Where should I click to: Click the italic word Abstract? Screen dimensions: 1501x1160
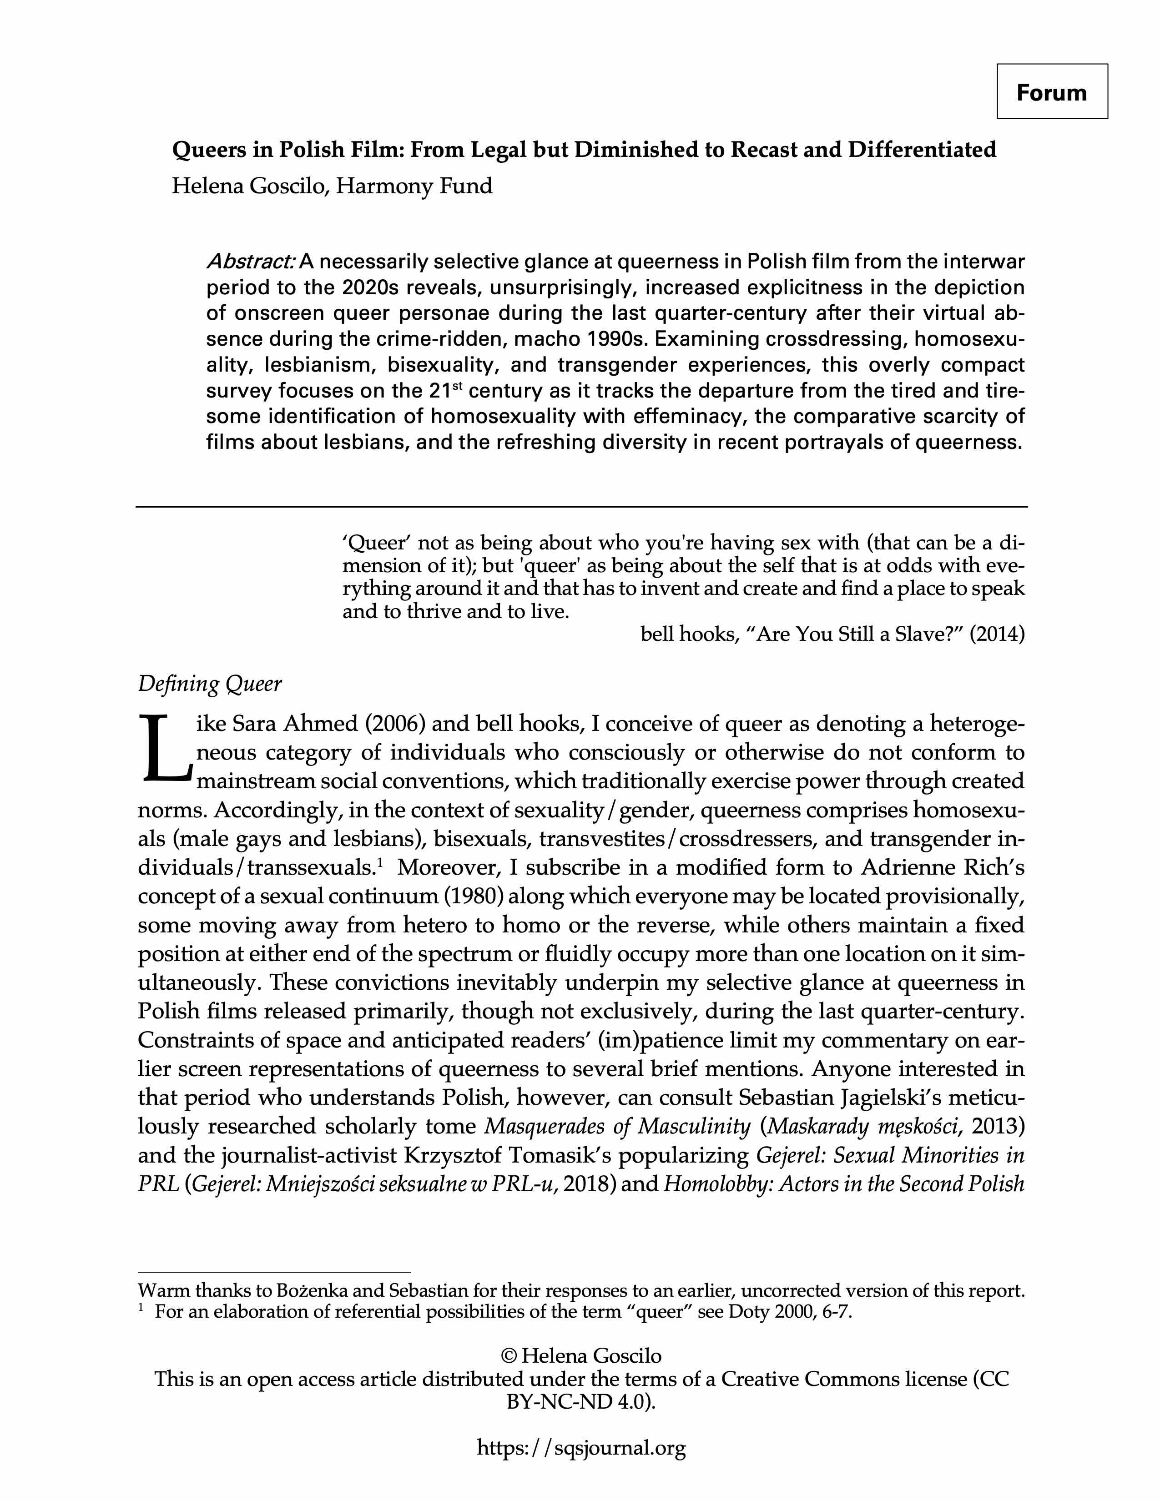point(251,262)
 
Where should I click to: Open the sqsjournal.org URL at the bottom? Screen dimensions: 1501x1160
point(581,1448)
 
